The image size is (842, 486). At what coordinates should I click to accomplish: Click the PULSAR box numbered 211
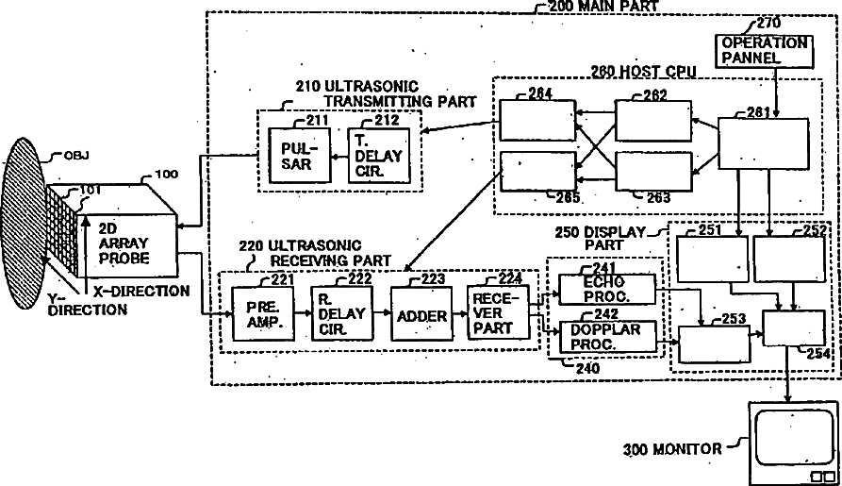[x=294, y=155]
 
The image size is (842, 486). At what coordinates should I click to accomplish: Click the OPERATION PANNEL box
[x=765, y=51]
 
